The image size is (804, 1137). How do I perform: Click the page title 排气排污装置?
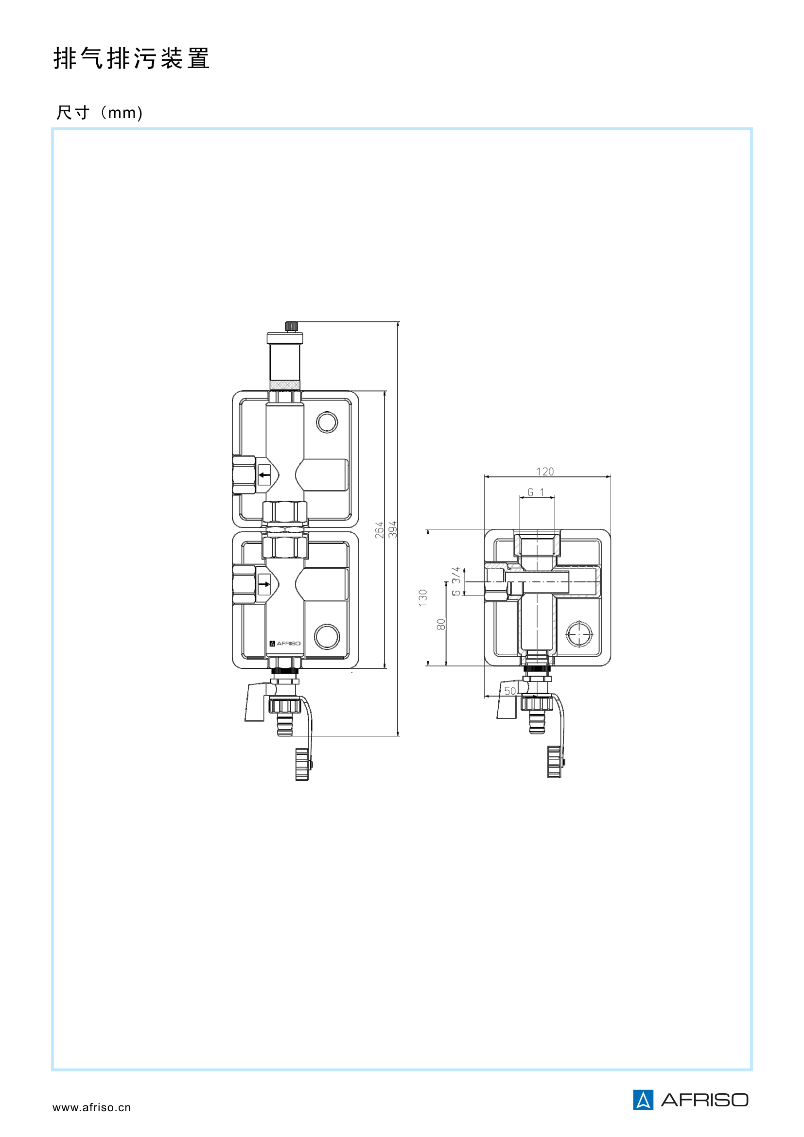132,58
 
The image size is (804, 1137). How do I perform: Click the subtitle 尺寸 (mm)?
100,112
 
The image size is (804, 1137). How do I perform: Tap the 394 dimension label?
393,529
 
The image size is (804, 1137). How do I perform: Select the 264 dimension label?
379,530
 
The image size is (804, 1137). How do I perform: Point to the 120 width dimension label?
545,472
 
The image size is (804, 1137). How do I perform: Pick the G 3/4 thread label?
456,582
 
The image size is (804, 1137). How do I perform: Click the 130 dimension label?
423,598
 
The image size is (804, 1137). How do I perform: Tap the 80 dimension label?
441,625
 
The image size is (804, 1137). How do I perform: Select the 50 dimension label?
510,691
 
